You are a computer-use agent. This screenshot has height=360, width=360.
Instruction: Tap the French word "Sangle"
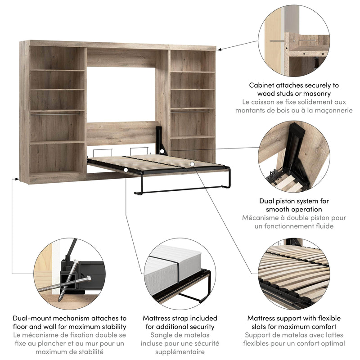click(163, 335)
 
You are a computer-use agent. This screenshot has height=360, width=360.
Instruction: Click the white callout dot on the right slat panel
click(192, 164)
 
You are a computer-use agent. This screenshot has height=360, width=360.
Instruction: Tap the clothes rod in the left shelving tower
click(57, 113)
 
